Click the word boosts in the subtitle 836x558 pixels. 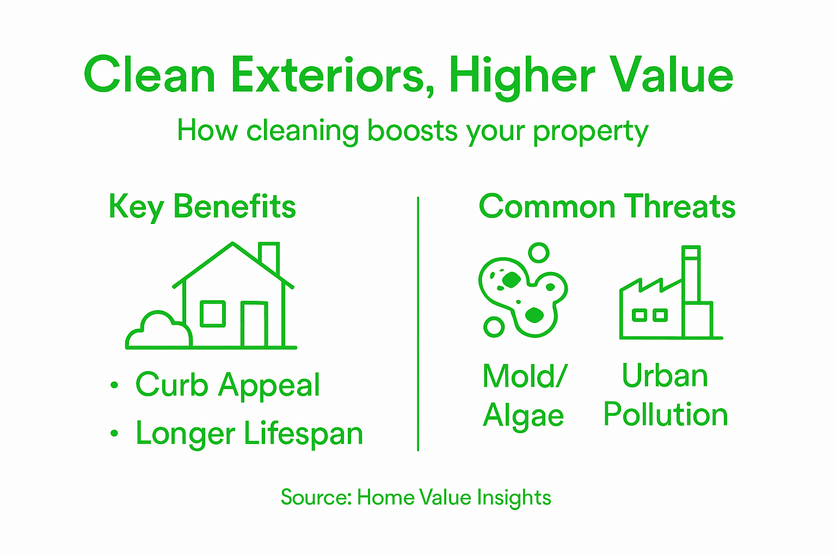tap(413, 131)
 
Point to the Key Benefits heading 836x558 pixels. tap(202, 207)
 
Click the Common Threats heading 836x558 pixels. tap(607, 207)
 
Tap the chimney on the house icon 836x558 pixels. tap(269, 258)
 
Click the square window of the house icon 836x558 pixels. tap(213, 314)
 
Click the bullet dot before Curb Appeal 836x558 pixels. tap(114, 385)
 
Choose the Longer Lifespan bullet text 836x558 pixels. tap(249, 434)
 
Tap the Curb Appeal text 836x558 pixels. tap(228, 385)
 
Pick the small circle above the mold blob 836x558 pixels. tap(539, 253)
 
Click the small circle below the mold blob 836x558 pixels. tap(494, 327)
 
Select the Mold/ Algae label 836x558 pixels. tap(524, 396)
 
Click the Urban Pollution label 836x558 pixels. tap(665, 395)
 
